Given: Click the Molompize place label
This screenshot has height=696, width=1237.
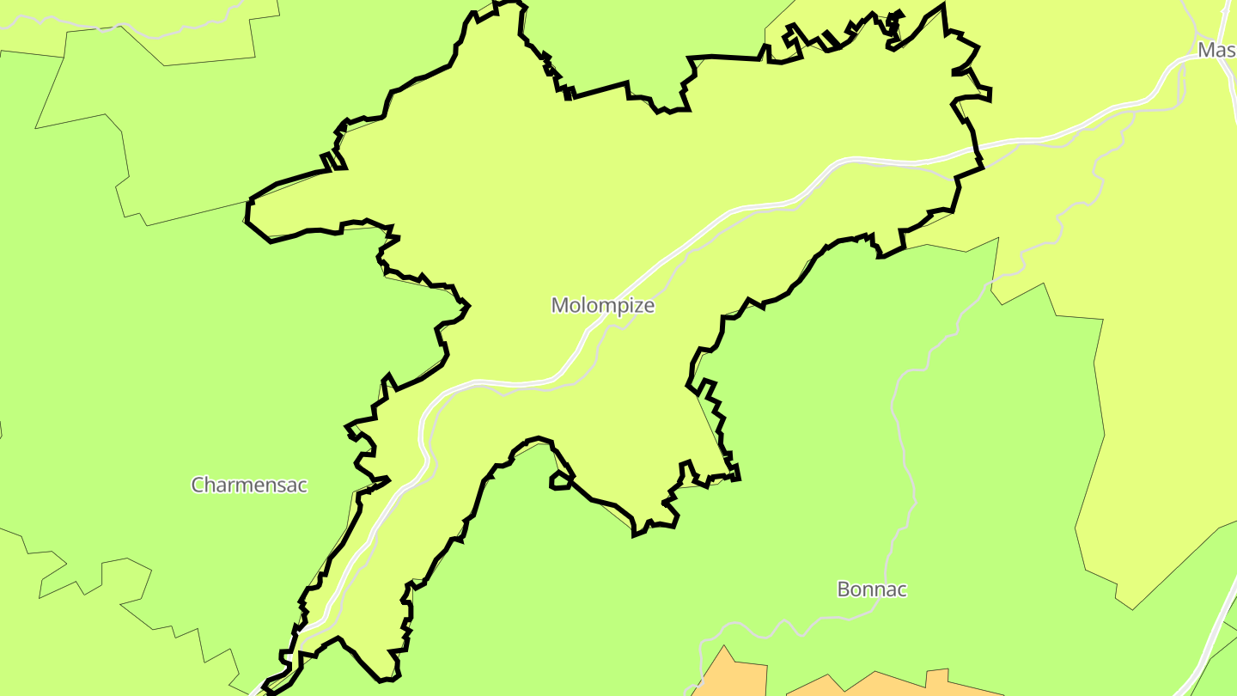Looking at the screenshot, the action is coord(603,305).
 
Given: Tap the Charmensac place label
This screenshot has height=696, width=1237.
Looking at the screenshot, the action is coord(249,485).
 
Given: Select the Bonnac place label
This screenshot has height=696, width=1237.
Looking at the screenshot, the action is coord(872,589).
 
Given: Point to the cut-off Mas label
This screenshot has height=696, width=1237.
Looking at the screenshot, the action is coord(1216,50).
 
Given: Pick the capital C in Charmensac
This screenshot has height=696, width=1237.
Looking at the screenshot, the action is coord(198,485).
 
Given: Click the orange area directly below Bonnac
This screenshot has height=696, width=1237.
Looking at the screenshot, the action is coord(893,686).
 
